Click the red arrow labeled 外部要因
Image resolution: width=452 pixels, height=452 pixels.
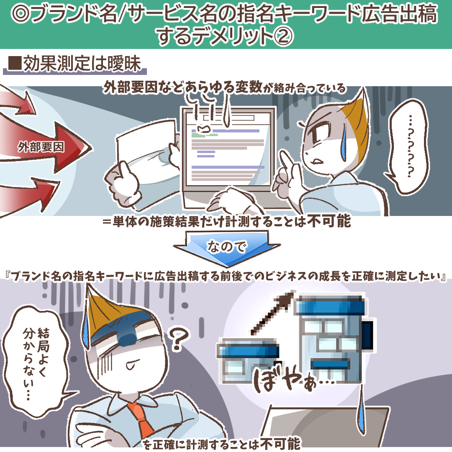(49, 147)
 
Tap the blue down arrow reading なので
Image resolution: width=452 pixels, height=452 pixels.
(227, 248)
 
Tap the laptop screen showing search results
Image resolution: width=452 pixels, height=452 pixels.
(228, 149)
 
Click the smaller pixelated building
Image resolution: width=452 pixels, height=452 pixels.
(248, 360)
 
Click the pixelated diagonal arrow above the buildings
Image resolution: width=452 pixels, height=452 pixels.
(272, 313)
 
